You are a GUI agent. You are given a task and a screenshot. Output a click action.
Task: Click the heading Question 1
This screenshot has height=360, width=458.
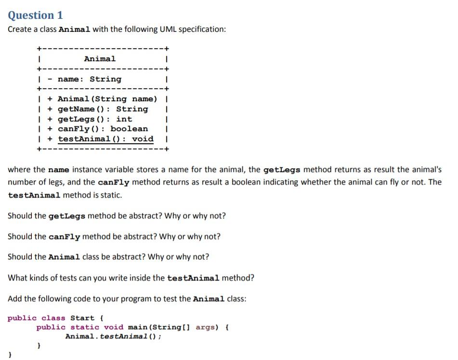tap(35, 15)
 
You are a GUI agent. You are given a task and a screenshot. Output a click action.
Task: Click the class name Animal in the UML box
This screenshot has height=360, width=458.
tap(100, 59)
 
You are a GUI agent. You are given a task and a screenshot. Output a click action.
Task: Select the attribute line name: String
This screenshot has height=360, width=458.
tap(90, 79)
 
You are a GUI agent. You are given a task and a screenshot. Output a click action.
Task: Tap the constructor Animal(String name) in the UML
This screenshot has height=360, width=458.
tap(107, 99)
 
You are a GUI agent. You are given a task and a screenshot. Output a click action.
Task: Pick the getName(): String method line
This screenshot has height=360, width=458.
tap(103, 109)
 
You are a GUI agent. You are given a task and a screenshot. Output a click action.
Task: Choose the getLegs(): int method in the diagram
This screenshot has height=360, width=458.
tap(94, 119)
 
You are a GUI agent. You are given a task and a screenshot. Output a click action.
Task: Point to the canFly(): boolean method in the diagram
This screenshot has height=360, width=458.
tap(103, 129)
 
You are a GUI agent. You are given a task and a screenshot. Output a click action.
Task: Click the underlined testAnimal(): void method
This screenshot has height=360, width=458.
tap(105, 139)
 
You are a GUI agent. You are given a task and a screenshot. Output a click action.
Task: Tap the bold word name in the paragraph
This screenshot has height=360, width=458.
tap(59, 170)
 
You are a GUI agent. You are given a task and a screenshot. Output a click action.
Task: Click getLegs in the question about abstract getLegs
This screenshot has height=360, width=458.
tap(67, 216)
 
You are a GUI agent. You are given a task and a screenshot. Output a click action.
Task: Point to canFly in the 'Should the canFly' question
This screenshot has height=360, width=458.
tap(65, 237)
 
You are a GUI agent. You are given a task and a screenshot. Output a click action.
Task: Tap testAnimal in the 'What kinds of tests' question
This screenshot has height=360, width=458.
tap(193, 278)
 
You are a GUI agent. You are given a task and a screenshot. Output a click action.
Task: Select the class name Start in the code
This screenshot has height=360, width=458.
tap(82, 318)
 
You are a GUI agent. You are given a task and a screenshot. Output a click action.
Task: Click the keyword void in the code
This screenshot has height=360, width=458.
tap(114, 328)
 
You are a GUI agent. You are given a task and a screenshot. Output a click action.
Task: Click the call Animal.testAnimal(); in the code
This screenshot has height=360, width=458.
tap(113, 336)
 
